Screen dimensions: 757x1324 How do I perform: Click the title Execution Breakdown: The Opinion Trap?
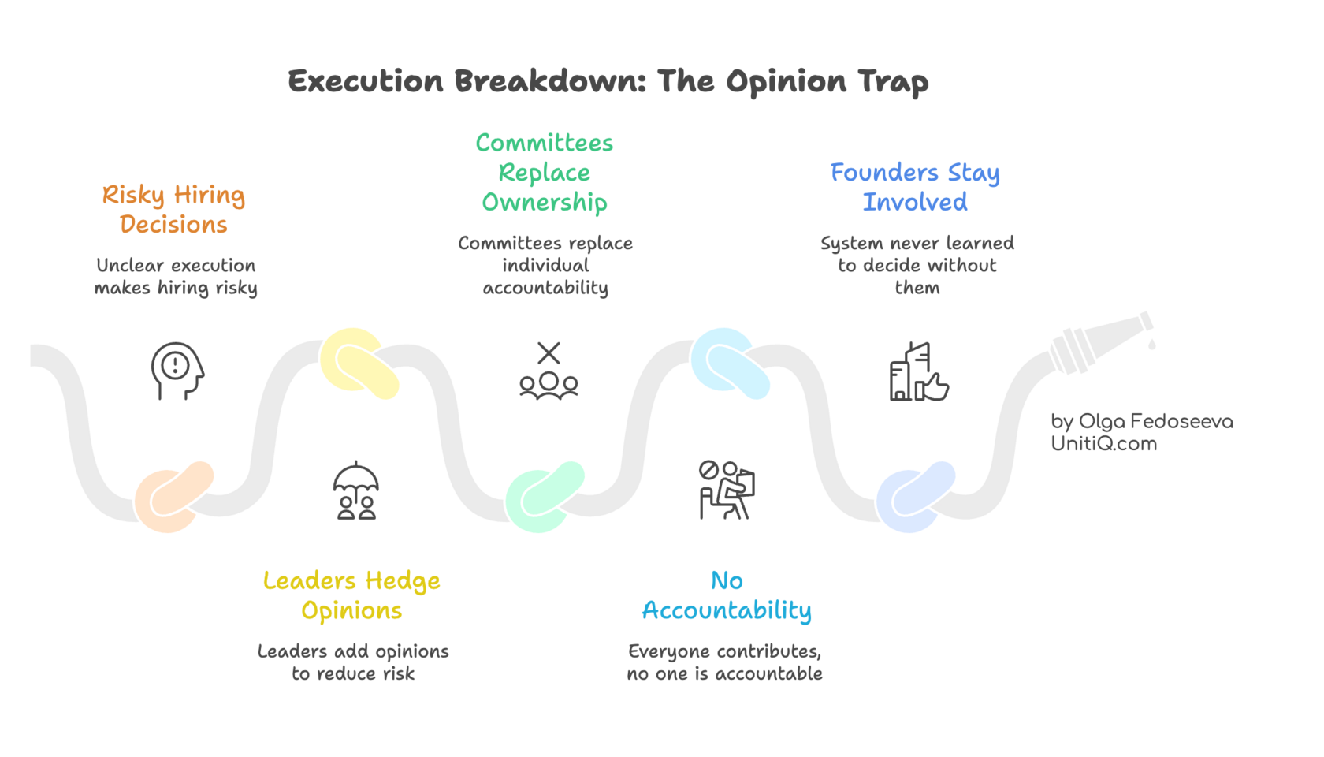(x=608, y=82)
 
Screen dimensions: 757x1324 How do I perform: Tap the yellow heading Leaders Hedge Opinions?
(x=351, y=595)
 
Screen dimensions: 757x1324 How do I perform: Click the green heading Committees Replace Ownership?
(x=545, y=173)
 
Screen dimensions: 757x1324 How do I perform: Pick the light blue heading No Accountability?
(x=726, y=595)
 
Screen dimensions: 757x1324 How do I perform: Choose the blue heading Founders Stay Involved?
(x=915, y=187)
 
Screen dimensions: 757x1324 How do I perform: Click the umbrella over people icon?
(x=356, y=490)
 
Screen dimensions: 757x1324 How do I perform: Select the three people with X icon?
(x=549, y=371)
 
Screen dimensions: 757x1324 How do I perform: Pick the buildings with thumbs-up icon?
(x=918, y=372)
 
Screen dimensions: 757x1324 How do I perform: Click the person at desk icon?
(x=725, y=490)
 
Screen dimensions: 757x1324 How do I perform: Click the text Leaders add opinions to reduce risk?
(x=353, y=662)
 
